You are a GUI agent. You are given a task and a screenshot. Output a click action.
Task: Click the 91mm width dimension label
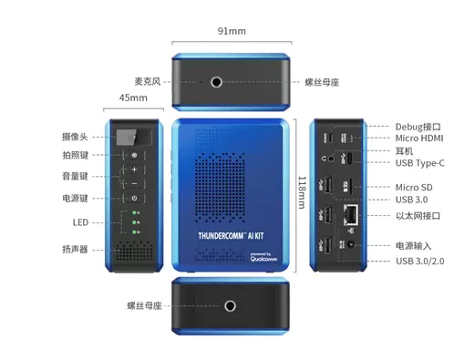click(232, 31)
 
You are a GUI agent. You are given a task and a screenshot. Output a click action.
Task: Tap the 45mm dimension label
click(133, 98)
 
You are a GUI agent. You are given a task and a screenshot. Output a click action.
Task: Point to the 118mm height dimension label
click(302, 192)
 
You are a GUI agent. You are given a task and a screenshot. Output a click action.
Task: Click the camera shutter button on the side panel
click(134, 155)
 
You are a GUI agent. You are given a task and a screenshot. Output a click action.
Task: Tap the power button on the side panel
click(134, 199)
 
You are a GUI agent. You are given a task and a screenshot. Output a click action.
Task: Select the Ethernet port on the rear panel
click(351, 214)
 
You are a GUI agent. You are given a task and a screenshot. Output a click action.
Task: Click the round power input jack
click(351, 244)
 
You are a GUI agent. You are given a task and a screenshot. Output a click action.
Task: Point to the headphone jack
click(332, 158)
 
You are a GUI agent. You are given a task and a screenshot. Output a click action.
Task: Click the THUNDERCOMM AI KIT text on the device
click(231, 236)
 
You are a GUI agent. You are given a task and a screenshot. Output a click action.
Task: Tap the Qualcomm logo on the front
click(263, 257)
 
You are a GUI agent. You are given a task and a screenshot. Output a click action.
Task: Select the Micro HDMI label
click(419, 139)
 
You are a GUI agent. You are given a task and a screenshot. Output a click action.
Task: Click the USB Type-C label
click(419, 163)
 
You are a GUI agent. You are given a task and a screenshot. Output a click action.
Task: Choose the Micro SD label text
click(414, 188)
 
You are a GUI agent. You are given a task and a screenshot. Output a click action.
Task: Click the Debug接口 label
click(418, 127)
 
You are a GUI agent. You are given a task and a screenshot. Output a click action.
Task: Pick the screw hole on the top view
click(216, 82)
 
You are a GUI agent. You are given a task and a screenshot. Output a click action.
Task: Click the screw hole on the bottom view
click(230, 306)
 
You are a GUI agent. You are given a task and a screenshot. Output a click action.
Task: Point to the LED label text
click(80, 222)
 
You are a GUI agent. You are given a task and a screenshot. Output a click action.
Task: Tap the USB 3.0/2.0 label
click(420, 261)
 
